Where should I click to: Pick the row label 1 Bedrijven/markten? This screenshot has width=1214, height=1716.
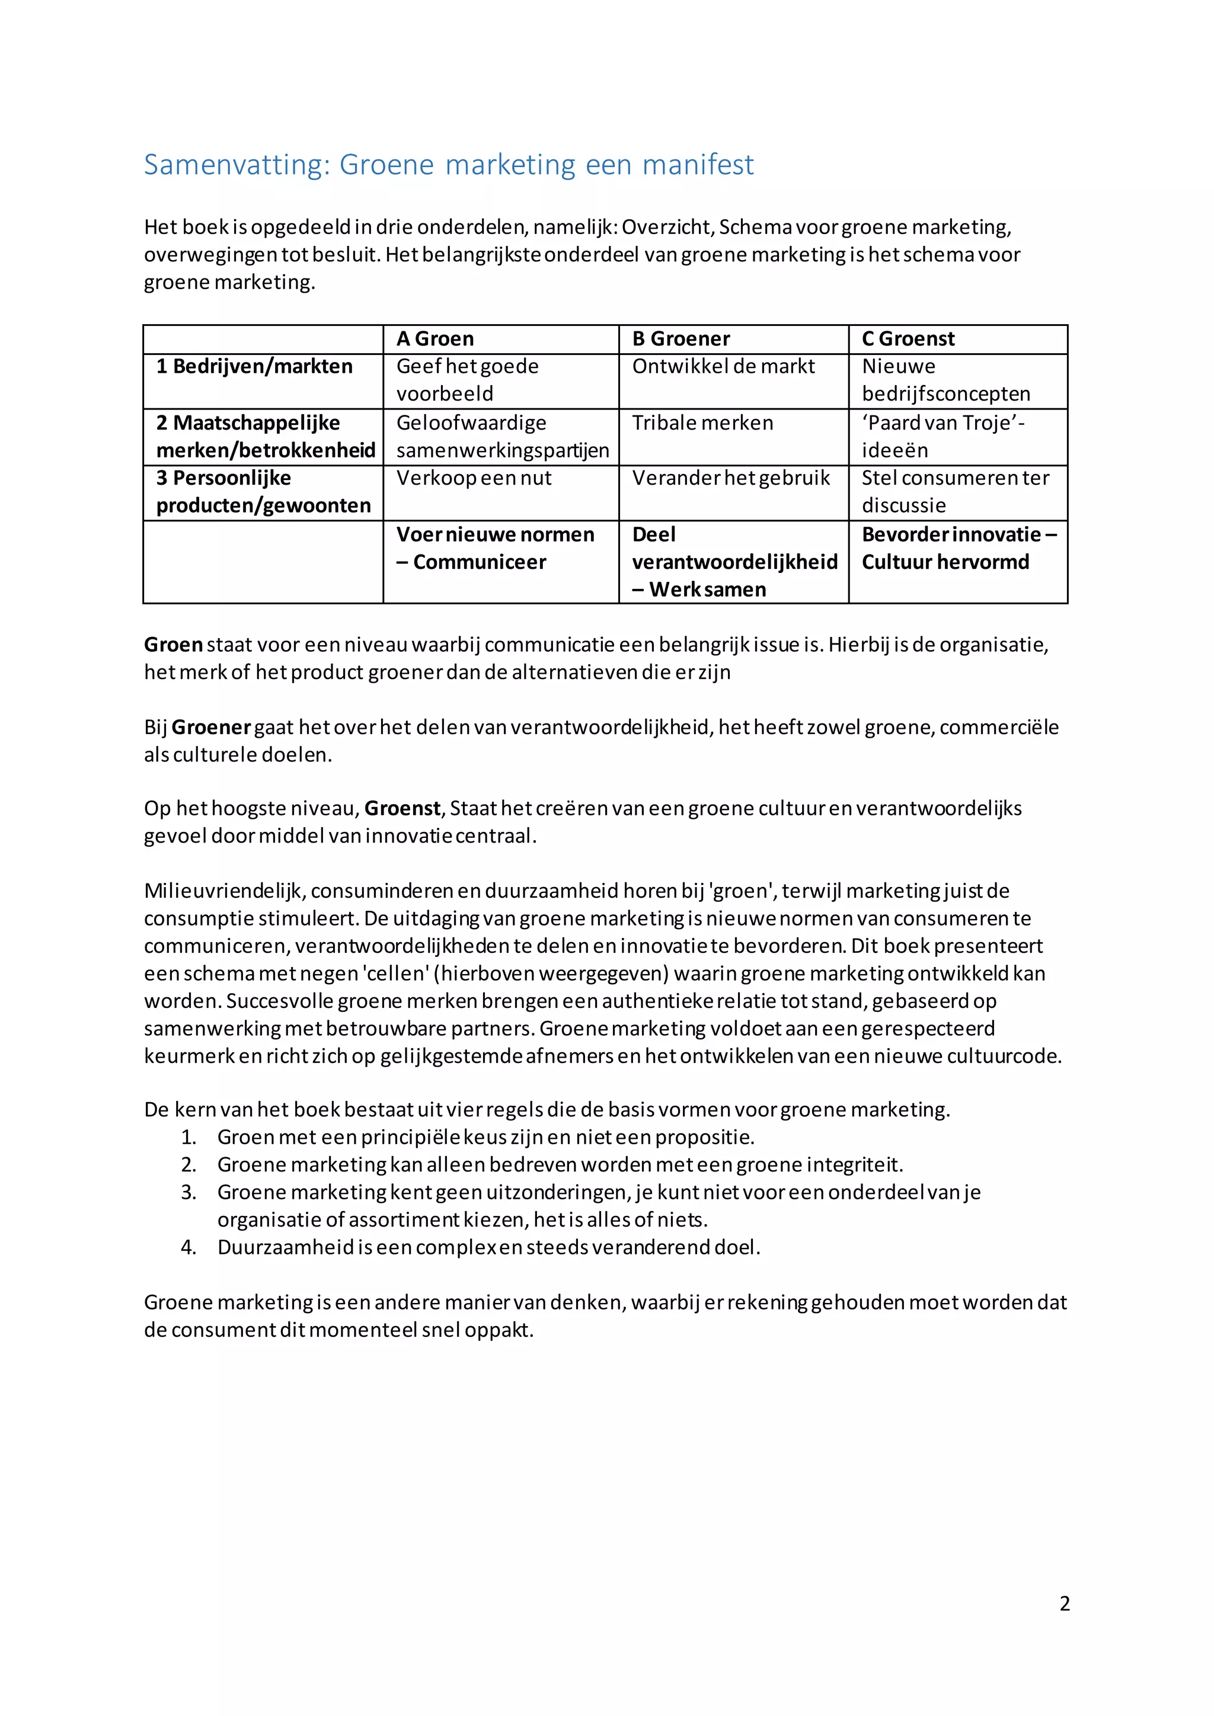[254, 367]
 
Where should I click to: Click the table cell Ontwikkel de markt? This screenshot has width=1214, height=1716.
[723, 367]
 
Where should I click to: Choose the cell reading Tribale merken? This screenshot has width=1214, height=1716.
[702, 424]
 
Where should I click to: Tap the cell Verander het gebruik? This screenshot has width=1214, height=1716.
[730, 478]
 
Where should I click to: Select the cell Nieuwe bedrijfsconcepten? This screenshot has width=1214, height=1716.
[945, 380]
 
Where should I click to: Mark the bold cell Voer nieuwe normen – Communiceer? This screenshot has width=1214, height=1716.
[495, 549]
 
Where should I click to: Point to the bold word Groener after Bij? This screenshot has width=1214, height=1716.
[211, 727]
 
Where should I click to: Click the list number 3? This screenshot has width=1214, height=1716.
[189, 1193]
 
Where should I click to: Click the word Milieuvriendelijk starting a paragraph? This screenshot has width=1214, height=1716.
[223, 891]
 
